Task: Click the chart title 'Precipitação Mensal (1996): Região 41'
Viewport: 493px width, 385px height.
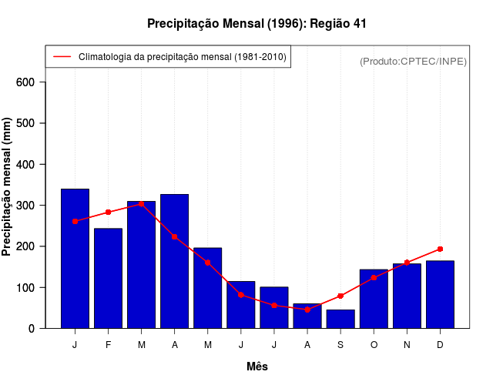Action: pos(257,24)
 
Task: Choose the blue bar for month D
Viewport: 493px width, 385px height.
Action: pos(440,294)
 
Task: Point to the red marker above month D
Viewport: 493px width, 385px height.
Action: pos(440,249)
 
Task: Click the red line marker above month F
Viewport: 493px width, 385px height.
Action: pos(109,212)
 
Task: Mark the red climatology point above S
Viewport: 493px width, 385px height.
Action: pos(340,296)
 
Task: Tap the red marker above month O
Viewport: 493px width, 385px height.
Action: pos(374,277)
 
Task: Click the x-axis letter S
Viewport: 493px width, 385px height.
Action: pos(340,345)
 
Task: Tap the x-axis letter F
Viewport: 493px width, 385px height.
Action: pos(109,345)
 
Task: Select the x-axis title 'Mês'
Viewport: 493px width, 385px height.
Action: pos(257,367)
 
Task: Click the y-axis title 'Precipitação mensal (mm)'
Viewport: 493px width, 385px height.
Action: pos(8,187)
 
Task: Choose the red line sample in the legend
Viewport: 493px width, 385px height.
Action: pos(62,57)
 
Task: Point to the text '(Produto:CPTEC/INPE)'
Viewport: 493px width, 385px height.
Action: pos(413,61)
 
